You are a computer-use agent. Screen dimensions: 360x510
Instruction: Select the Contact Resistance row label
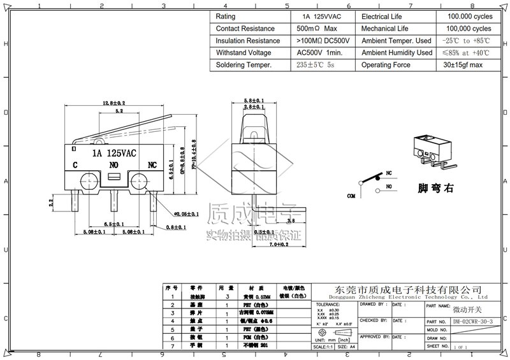point(245,29)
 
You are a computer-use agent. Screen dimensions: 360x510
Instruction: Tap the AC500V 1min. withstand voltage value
point(319,53)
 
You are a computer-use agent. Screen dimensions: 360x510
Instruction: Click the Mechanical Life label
point(384,29)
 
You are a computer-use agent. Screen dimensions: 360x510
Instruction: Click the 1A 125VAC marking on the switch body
point(113,153)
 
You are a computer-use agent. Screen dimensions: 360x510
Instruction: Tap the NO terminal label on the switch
point(113,164)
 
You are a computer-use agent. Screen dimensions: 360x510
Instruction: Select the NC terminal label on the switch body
point(152,164)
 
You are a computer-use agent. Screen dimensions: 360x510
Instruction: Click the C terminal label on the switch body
point(75,164)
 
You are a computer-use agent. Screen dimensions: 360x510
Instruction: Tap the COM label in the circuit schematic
point(351,197)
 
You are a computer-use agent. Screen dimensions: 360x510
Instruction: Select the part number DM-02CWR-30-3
point(473,322)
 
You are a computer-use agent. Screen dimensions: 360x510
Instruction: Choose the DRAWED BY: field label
point(373,305)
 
